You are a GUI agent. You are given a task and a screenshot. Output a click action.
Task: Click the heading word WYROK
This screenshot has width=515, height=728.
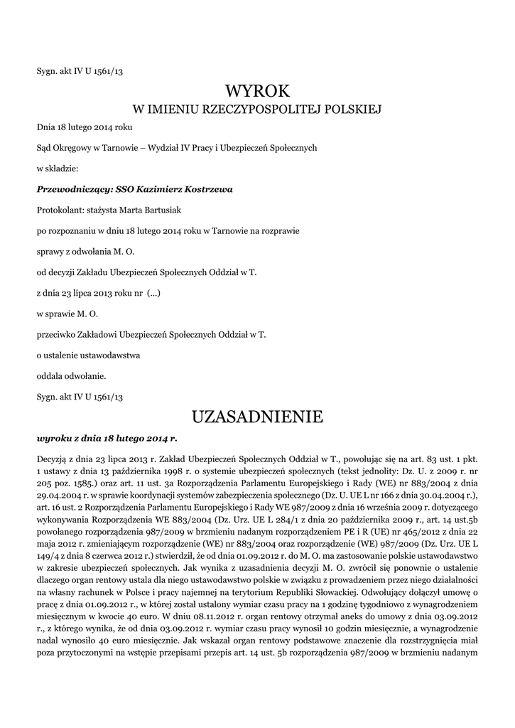point(258,91)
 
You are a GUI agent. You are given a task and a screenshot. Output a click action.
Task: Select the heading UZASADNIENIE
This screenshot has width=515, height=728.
point(258,415)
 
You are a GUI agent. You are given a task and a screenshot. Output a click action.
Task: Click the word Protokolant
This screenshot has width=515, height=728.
point(59,210)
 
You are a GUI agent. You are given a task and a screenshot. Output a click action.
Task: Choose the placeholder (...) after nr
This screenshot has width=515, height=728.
point(153,293)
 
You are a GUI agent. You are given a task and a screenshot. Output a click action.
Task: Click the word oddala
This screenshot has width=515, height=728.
point(49,375)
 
